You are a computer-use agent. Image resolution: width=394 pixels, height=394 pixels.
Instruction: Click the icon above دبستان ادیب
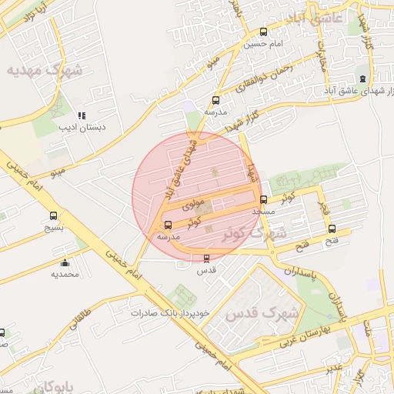pyautogui.click(x=83, y=115)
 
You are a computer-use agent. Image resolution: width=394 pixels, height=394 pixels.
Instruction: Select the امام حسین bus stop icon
pyautogui.click(x=265, y=32)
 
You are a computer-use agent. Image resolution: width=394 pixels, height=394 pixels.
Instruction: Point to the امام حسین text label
pyautogui.click(x=264, y=45)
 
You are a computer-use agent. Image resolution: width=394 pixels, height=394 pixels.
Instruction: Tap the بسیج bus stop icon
pyautogui.click(x=53, y=216)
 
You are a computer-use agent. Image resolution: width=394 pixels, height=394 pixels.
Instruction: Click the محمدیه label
pyautogui.click(x=65, y=274)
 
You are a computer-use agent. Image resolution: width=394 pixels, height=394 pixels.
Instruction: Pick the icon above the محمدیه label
pyautogui.click(x=65, y=262)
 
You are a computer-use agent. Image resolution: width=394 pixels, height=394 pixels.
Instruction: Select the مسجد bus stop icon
pyautogui.click(x=264, y=199)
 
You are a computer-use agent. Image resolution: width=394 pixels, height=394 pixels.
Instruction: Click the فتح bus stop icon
pyautogui.click(x=332, y=229)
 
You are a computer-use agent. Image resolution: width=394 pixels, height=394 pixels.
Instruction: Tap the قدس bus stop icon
pyautogui.click(x=205, y=259)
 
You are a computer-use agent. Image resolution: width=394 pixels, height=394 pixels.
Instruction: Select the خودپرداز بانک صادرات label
pyautogui.click(x=171, y=314)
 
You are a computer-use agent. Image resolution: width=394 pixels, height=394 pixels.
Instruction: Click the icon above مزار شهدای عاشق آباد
pyautogui.click(x=362, y=78)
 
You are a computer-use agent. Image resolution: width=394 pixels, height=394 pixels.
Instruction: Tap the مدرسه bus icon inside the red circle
pyautogui.click(x=168, y=225)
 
